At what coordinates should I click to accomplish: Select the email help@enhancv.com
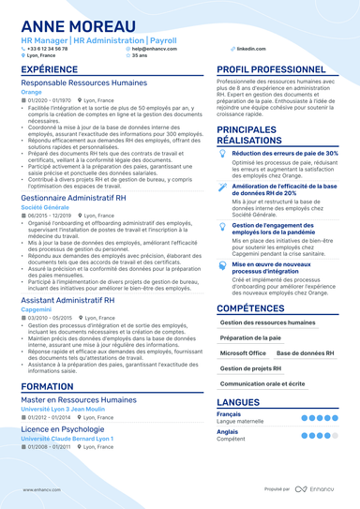tap(152, 48)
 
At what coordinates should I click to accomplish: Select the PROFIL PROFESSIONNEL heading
tap(272, 69)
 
